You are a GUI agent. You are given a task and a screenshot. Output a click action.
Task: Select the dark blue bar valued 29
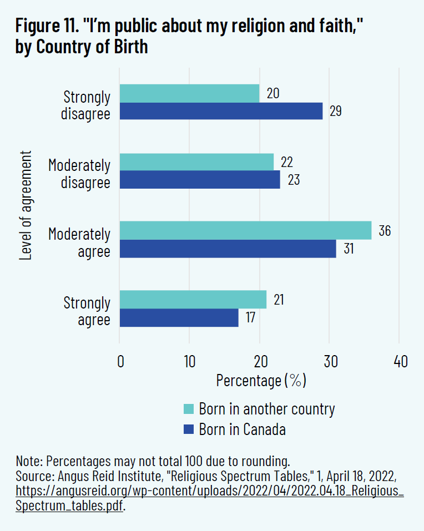pyautogui.click(x=221, y=111)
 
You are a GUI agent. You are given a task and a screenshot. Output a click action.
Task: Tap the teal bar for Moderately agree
pyautogui.click(x=245, y=231)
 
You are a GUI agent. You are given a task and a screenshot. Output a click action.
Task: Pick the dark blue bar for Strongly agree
pyautogui.click(x=179, y=318)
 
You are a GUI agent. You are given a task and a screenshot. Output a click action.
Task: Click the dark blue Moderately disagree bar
pyautogui.click(x=200, y=180)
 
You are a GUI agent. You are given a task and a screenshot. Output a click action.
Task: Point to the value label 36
pyautogui.click(x=385, y=231)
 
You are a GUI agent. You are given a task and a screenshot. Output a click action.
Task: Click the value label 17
pyautogui.click(x=251, y=318)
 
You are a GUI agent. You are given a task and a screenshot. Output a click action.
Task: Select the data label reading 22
pyautogui.click(x=287, y=163)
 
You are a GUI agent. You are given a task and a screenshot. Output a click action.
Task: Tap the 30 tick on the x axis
pyautogui.click(x=329, y=362)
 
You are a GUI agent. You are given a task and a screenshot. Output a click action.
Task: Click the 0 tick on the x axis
pyautogui.click(x=120, y=362)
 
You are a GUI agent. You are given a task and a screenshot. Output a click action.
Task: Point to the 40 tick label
pyautogui.click(x=400, y=362)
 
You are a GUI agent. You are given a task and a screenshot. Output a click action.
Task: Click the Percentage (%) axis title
pyautogui.click(x=261, y=381)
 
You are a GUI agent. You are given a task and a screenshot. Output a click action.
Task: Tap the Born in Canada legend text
pyautogui.click(x=243, y=429)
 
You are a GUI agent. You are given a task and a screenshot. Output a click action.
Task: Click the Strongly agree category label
pyautogui.click(x=87, y=311)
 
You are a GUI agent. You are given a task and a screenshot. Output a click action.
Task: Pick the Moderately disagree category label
pyautogui.click(x=79, y=173)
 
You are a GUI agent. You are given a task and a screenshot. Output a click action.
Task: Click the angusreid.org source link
pyautogui.click(x=210, y=492)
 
